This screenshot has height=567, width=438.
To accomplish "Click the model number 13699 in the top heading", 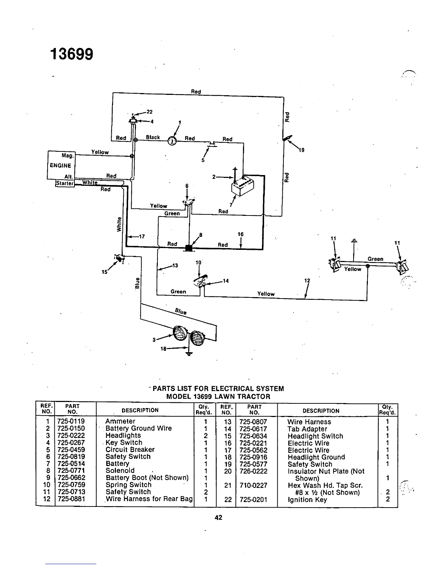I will click(72, 54).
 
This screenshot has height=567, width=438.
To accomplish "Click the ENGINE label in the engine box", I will click(60, 165).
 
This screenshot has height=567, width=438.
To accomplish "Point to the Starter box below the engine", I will click(65, 183).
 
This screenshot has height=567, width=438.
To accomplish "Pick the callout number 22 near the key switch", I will click(150, 111).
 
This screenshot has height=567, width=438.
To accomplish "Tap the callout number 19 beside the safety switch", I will click(301, 150).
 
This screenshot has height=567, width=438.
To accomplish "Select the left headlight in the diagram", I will click(179, 334).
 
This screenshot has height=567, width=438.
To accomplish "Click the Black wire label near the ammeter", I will click(153, 137).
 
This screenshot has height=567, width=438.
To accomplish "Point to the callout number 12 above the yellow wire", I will click(307, 281).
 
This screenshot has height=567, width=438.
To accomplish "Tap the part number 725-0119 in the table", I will click(71, 421).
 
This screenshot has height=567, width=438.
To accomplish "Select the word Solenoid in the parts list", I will click(120, 471).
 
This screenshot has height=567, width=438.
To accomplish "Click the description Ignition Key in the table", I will click(307, 500).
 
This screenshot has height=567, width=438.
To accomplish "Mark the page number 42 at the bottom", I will click(219, 517).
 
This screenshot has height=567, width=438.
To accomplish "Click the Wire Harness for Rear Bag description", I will click(149, 499).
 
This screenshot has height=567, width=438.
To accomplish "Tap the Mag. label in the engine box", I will click(68, 156).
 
